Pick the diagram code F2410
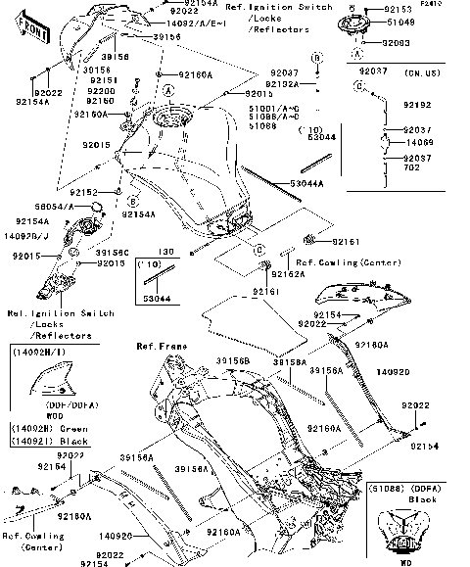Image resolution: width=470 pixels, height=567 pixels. [x=455, y=4]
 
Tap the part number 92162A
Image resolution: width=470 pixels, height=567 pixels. [x=290, y=274]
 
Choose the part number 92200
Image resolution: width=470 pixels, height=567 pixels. [x=102, y=90]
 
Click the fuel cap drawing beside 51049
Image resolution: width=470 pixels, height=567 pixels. [x=378, y=26]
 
